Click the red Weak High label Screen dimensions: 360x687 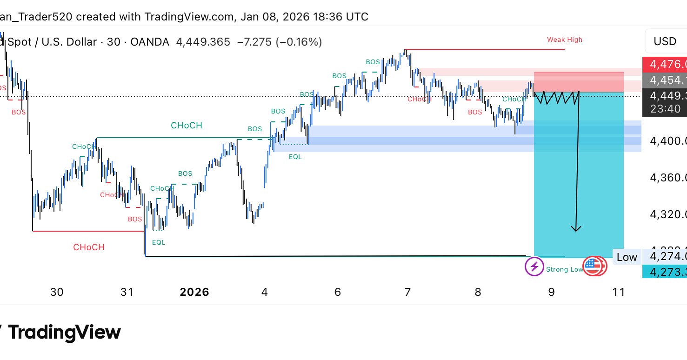564,40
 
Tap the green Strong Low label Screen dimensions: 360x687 564,269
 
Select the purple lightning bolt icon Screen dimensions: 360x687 534,267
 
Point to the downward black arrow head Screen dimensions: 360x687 576,228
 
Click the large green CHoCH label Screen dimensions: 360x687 186,125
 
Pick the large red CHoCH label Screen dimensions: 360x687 88,247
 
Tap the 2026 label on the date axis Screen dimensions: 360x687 194,292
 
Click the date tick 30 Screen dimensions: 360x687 57,292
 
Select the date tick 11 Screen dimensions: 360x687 618,292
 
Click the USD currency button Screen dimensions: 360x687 665,41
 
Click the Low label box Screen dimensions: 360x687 627,257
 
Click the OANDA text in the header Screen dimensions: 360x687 149,42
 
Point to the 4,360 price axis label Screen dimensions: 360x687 668,177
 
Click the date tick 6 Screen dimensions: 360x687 338,292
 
